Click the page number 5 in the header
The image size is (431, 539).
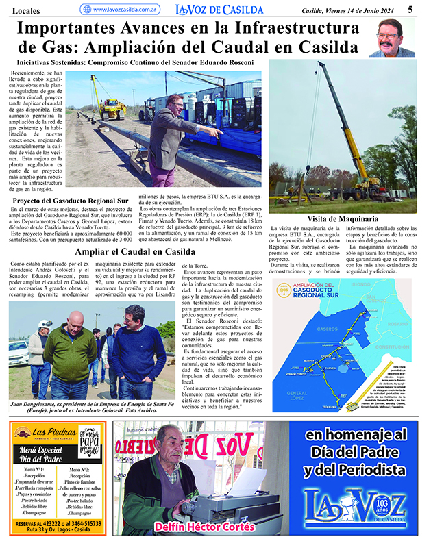(x=410, y=9)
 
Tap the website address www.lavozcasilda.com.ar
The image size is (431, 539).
(x=126, y=10)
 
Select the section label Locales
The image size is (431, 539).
(x=25, y=10)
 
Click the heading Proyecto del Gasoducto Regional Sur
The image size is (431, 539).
(x=71, y=201)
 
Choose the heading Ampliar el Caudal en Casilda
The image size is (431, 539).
(x=135, y=252)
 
